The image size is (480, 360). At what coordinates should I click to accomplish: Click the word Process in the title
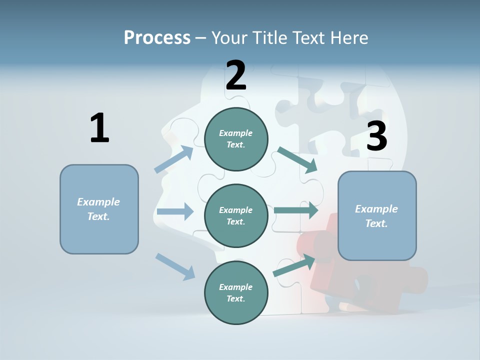click(157, 38)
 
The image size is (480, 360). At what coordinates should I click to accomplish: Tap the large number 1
click(99, 128)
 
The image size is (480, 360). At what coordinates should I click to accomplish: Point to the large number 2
click(236, 75)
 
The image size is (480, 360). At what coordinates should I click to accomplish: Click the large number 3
click(376, 136)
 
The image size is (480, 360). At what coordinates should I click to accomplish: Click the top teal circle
click(236, 139)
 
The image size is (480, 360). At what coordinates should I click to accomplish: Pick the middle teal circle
click(236, 215)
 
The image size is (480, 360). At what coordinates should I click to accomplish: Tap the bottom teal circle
click(236, 292)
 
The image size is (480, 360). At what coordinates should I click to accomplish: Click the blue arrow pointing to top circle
click(174, 159)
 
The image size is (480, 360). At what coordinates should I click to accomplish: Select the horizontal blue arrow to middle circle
click(175, 211)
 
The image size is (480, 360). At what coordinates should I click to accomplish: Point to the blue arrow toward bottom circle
click(175, 266)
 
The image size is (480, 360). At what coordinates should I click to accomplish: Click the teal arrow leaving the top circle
click(297, 159)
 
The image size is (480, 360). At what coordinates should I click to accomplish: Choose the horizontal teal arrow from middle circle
click(296, 210)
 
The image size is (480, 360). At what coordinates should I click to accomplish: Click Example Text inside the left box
click(98, 209)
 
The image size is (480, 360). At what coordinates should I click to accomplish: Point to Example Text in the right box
click(376, 216)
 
